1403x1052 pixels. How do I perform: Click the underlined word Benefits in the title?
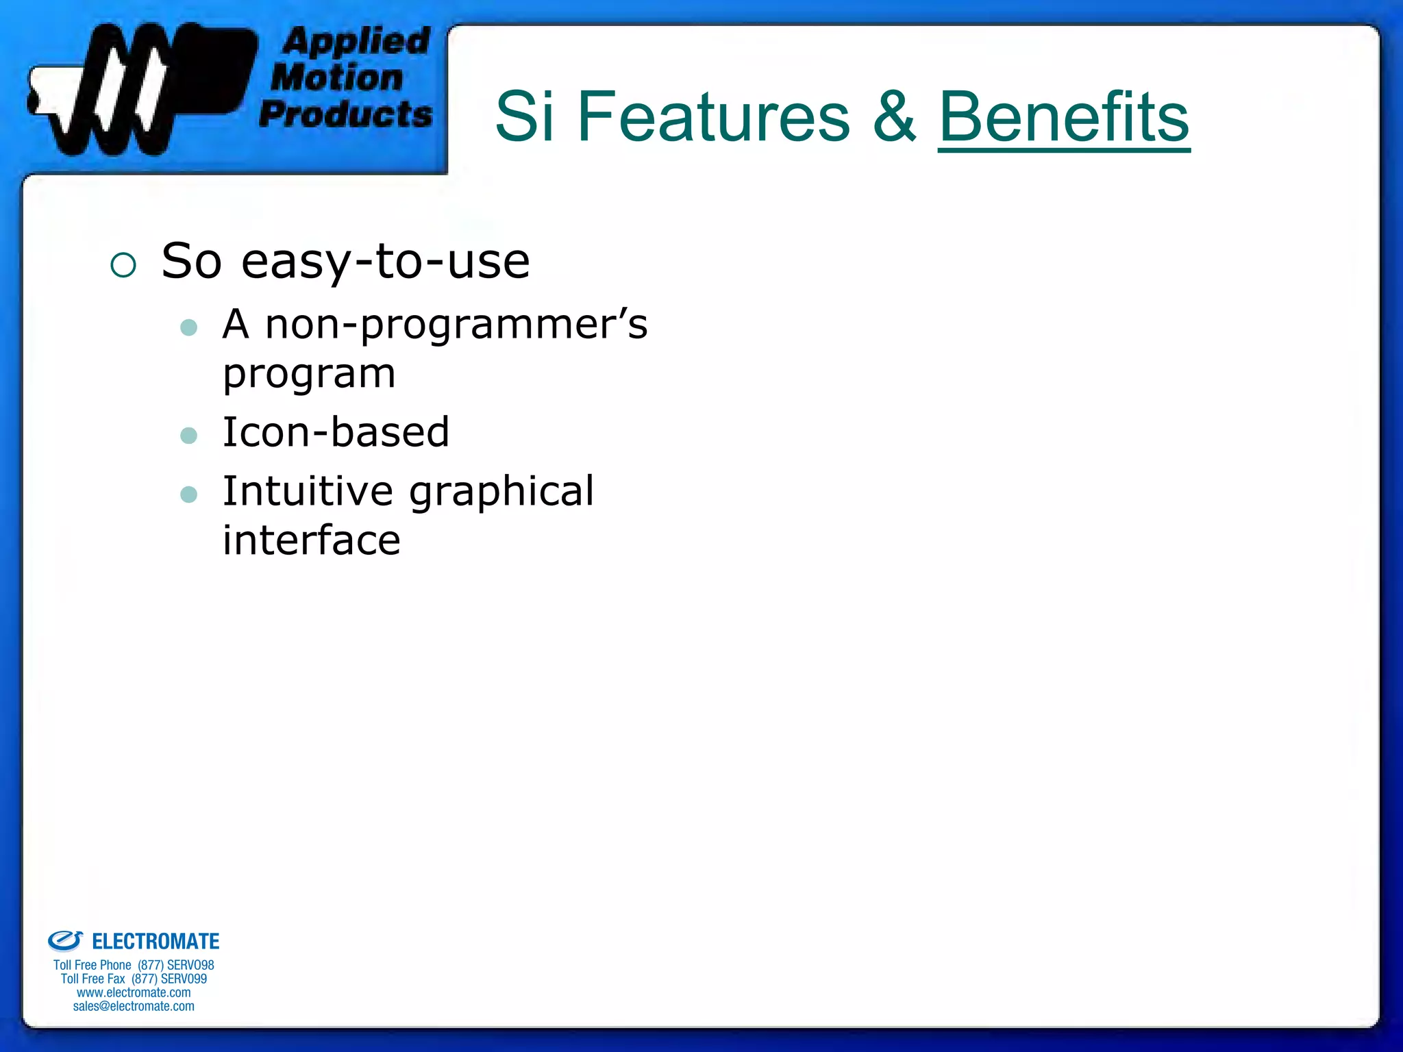point(1063,118)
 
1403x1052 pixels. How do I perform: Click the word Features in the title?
point(712,118)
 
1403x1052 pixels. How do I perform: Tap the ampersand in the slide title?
point(894,118)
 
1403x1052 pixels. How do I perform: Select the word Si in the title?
point(524,118)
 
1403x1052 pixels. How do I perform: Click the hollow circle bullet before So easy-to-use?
point(123,265)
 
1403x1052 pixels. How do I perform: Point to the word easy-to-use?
point(386,262)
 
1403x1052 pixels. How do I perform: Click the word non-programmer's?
point(456,324)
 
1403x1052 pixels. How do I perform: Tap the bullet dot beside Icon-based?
point(188,436)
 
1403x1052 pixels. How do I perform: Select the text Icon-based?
point(336,433)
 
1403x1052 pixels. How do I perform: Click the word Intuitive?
point(308,491)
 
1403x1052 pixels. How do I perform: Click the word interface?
point(311,540)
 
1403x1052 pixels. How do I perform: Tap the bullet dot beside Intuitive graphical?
point(188,494)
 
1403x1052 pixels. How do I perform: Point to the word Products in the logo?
point(346,114)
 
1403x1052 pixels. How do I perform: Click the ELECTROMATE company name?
point(156,942)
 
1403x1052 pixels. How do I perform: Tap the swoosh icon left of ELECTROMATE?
point(65,940)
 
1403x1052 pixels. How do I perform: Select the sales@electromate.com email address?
point(134,1006)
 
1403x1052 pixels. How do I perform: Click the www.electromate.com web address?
point(134,992)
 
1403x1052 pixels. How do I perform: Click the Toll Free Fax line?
point(134,979)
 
